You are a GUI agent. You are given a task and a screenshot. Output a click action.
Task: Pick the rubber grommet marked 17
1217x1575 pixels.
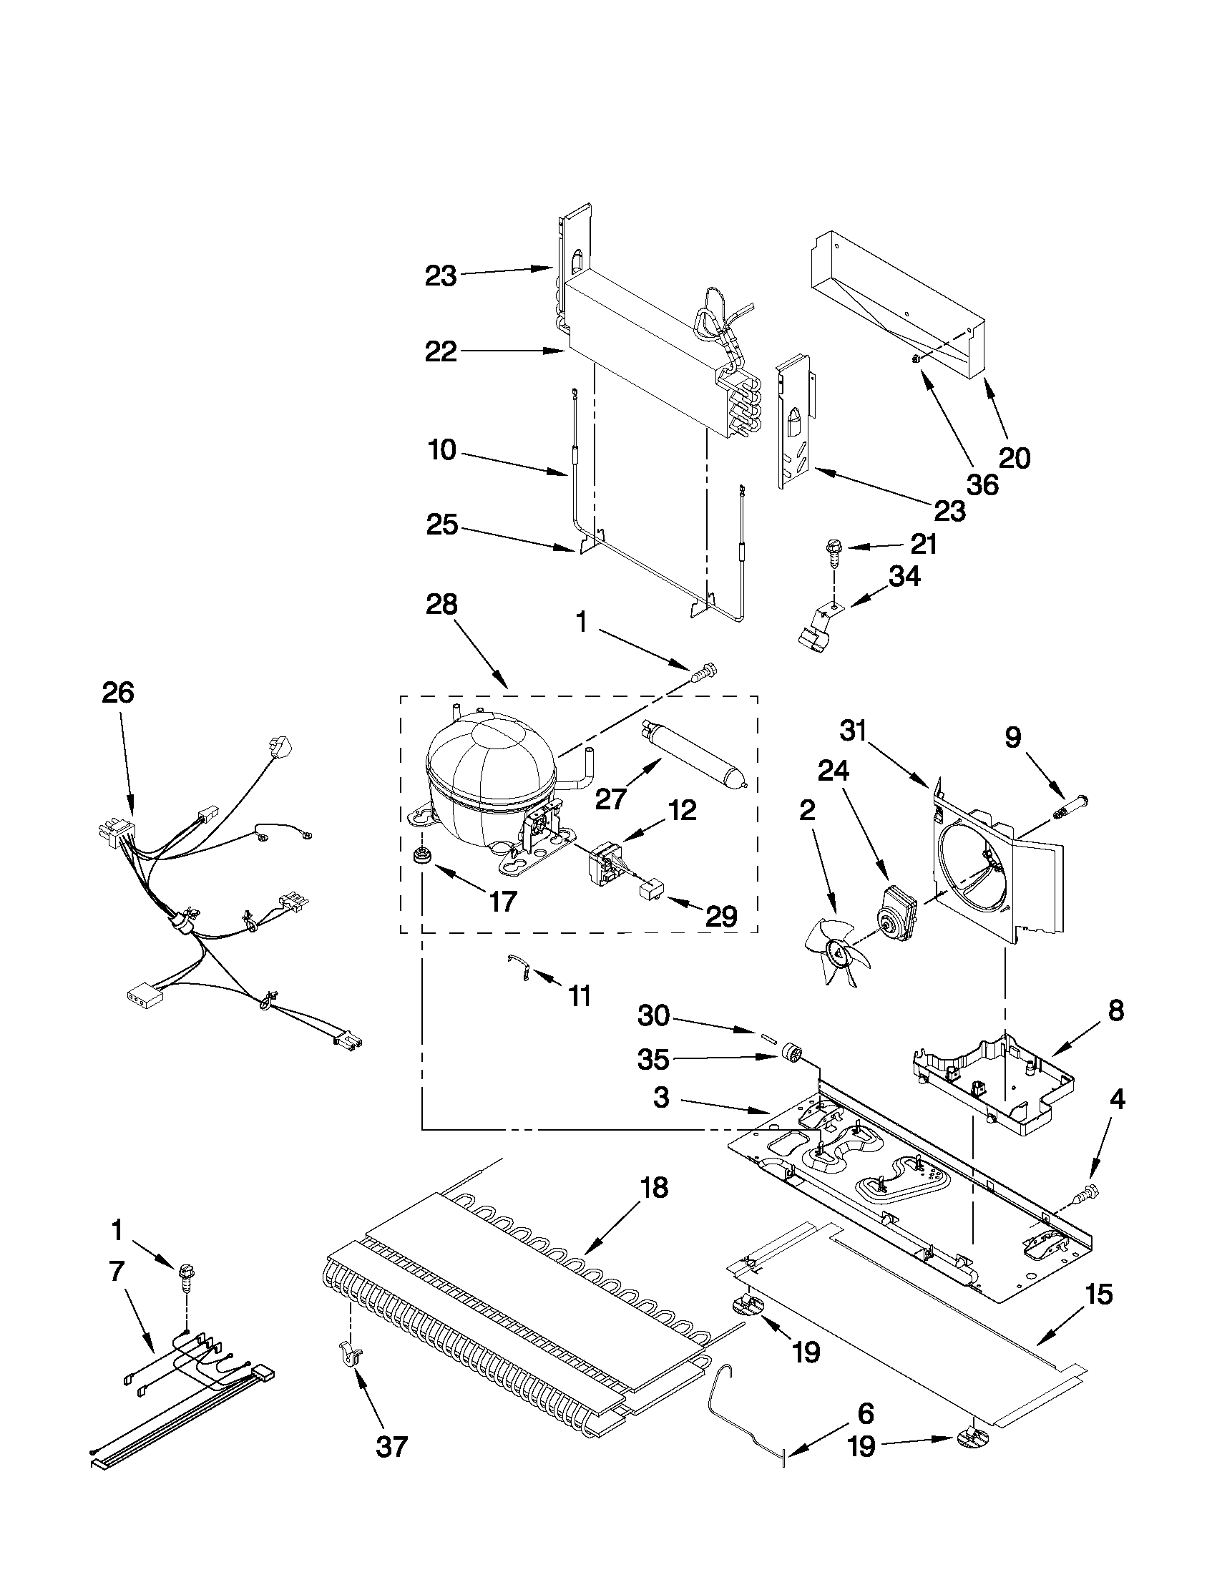point(419,856)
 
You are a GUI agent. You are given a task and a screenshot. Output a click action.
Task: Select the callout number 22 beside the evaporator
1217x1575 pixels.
point(441,352)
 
